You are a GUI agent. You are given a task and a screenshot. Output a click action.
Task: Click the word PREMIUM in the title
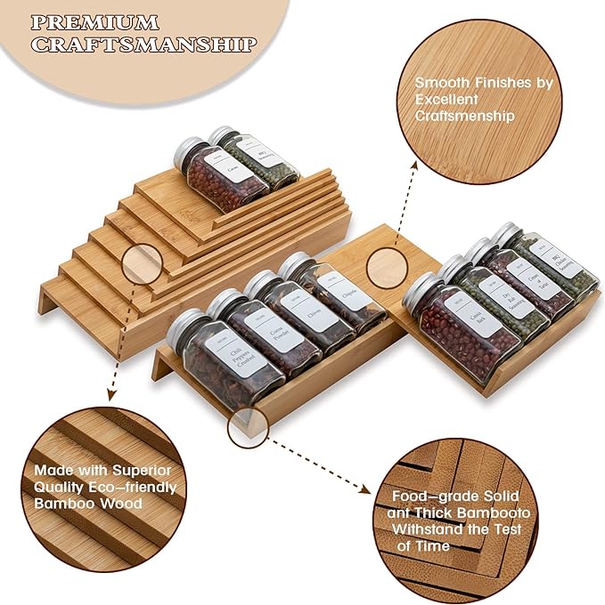pos(93,21)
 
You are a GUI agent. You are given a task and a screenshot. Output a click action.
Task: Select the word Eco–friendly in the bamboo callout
pos(133,488)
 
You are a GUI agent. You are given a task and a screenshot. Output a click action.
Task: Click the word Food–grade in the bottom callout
pos(426,497)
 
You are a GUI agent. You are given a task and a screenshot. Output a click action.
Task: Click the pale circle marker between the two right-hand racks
pos(385,267)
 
